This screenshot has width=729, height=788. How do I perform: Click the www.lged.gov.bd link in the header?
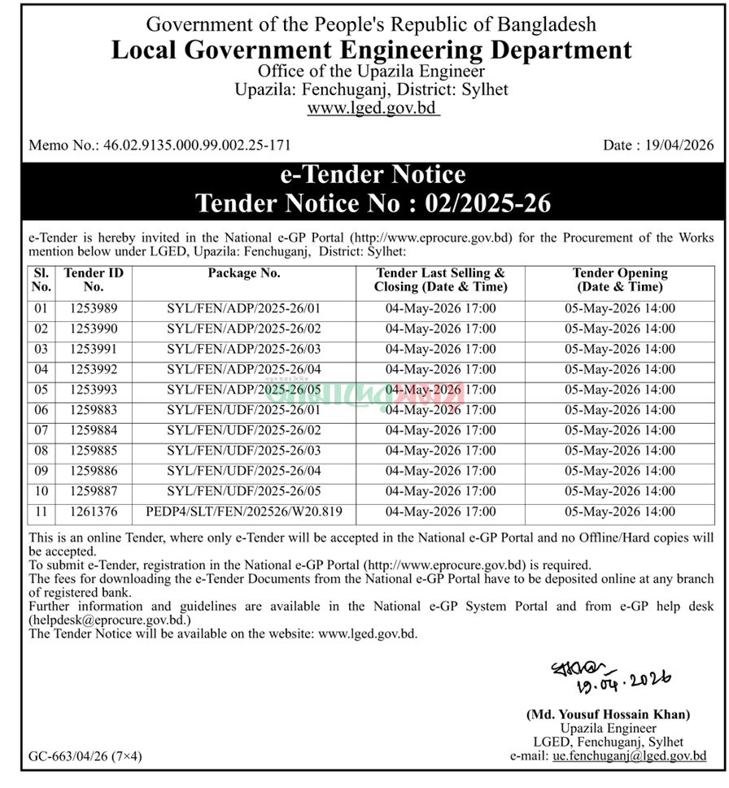[373, 108]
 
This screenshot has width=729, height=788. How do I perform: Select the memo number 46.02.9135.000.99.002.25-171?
[197, 146]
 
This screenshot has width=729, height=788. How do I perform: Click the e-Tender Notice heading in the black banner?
[372, 175]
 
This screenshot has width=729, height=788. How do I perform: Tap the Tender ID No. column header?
[94, 280]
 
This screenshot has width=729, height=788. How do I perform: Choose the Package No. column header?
[244, 274]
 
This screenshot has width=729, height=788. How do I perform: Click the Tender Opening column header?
[619, 280]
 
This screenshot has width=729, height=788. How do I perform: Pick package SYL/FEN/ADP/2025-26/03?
[244, 350]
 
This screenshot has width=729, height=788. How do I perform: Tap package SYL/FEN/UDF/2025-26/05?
[244, 492]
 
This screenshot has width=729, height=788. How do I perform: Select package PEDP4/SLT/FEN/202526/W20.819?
[244, 512]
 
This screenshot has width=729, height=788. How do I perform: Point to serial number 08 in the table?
[41, 451]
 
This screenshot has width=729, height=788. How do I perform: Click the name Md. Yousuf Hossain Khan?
[609, 715]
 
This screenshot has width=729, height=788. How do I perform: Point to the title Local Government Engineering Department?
[371, 50]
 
